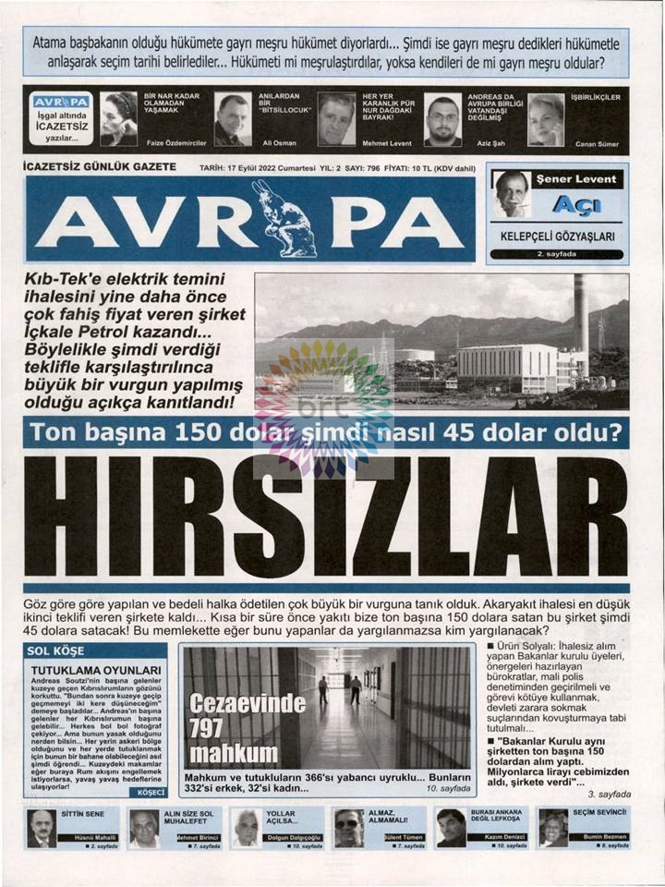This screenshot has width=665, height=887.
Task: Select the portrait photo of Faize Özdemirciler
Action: [119, 119]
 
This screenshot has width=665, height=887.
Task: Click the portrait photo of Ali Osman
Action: [232, 119]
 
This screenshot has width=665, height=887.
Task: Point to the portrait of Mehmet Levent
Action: [336, 119]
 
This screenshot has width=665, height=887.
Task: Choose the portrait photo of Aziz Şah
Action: [443, 119]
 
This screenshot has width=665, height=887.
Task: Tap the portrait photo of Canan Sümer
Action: [546, 119]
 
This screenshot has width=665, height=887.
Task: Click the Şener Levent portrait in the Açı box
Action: [512, 194]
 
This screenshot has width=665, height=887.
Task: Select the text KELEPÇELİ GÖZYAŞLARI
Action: [557, 237]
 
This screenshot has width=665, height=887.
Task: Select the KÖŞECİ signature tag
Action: [151, 792]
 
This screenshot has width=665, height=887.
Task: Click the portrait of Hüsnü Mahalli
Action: [42, 828]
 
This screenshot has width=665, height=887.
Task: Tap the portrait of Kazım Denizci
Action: [451, 828]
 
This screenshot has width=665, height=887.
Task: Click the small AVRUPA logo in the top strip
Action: [61, 102]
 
